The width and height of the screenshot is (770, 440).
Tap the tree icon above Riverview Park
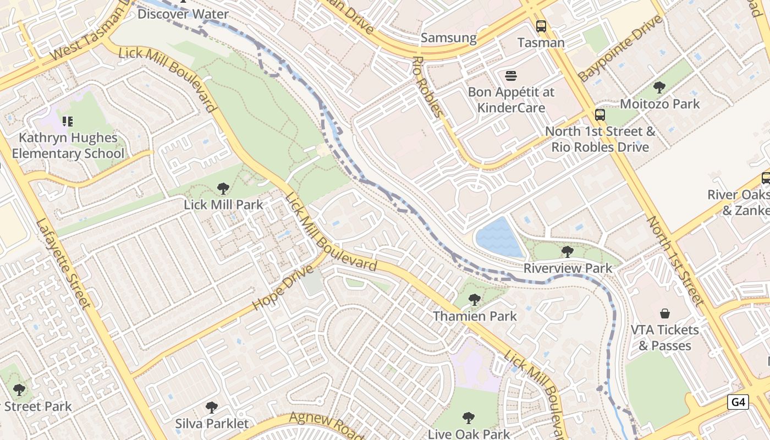pyautogui.click(x=567, y=251)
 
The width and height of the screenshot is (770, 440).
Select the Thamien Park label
pyautogui.click(x=475, y=316)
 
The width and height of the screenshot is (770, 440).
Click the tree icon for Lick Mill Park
pyautogui.click(x=223, y=189)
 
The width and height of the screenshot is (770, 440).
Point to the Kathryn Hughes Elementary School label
pyautogui.click(x=68, y=146)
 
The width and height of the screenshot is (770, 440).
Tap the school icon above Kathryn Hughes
pyautogui.click(x=68, y=121)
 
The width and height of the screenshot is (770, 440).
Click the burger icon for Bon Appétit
pyautogui.click(x=511, y=75)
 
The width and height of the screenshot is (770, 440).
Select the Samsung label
pyautogui.click(x=448, y=38)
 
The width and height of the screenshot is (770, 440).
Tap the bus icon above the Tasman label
pyautogui.click(x=541, y=26)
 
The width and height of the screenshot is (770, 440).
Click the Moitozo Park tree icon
pyautogui.click(x=659, y=87)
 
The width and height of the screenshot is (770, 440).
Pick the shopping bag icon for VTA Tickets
pyautogui.click(x=664, y=313)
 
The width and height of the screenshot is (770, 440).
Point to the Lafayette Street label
pyautogui.click(x=62, y=263)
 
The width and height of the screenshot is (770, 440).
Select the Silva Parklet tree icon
pyautogui.click(x=211, y=408)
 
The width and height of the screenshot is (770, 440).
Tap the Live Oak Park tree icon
pyautogui.click(x=469, y=418)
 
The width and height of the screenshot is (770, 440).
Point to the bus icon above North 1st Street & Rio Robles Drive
pyautogui.click(x=599, y=115)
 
